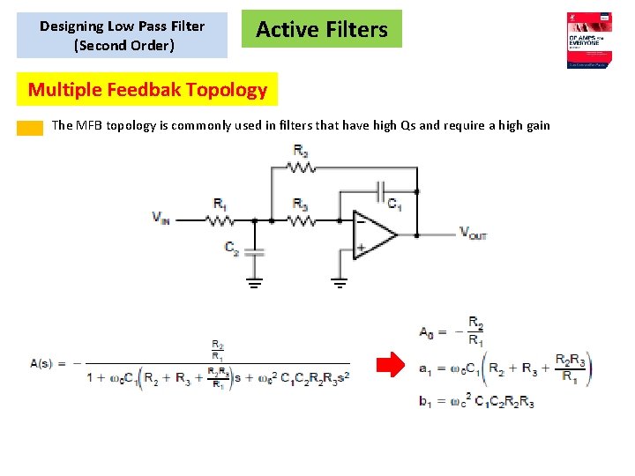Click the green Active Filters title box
pos(321,29)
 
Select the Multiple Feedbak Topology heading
pos(147,89)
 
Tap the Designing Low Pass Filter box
pos(122,35)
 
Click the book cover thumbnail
pos(589,41)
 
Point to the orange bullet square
pos(31,127)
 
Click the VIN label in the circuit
pos(161,219)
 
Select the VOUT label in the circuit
pos(473,233)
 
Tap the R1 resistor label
pos(220,205)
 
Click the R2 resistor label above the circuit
pos(302,151)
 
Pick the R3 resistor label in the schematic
pos(301,205)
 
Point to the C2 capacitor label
pos(232,250)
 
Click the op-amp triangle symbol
pos(374,234)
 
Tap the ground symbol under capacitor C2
pos(254,284)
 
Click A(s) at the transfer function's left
pos(44,363)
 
